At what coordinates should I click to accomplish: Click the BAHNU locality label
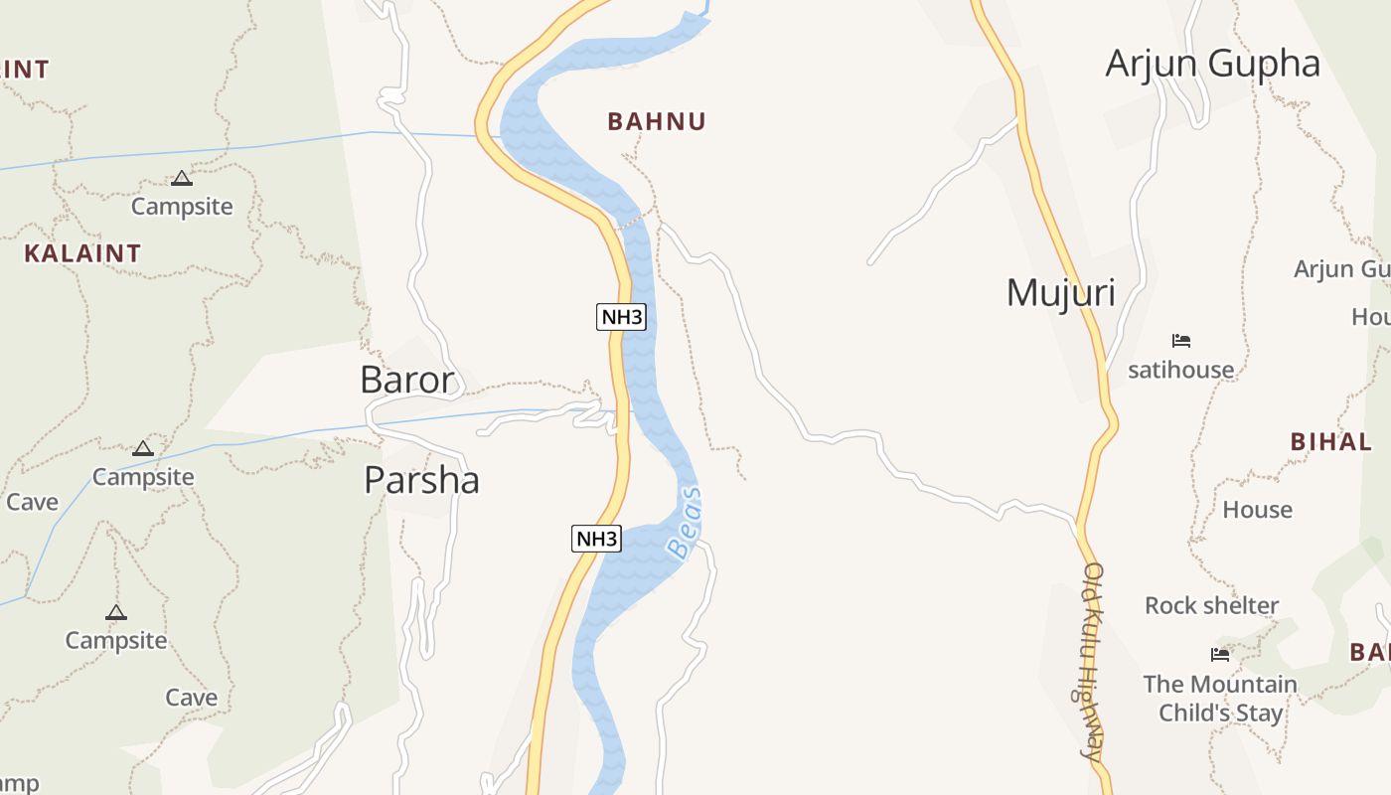(x=656, y=122)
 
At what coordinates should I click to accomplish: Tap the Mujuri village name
(x=1060, y=293)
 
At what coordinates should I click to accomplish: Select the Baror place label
(x=407, y=380)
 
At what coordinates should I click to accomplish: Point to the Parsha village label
(x=421, y=480)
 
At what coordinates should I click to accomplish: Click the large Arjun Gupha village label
(x=1212, y=64)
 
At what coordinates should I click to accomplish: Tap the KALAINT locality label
(x=82, y=253)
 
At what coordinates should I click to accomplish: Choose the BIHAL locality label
(x=1330, y=442)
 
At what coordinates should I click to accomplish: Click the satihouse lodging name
(x=1180, y=370)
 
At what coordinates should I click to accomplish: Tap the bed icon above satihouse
(x=1180, y=341)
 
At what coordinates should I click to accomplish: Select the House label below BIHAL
(x=1257, y=510)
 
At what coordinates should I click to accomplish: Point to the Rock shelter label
(x=1211, y=605)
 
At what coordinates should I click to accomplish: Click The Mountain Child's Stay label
(x=1220, y=698)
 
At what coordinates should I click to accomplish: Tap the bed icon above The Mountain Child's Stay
(x=1220, y=654)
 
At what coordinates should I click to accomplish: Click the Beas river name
(x=686, y=522)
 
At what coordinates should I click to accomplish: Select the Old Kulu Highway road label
(x=1093, y=661)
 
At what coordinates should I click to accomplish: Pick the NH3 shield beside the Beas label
(x=597, y=539)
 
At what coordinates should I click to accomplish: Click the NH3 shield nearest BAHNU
(x=622, y=317)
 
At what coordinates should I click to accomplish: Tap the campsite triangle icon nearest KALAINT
(x=181, y=179)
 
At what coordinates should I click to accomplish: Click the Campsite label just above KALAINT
(x=182, y=207)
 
